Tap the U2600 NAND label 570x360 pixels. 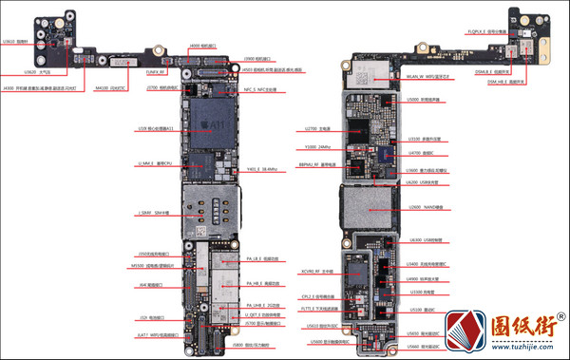pos(420,206)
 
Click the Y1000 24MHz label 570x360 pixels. pos(317,147)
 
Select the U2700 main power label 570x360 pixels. pos(317,128)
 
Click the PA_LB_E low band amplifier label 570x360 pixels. pos(261,258)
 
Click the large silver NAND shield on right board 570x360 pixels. pos(367,206)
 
